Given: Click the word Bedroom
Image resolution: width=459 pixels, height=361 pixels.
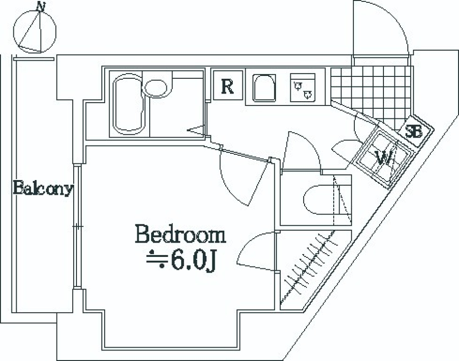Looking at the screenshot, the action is tap(180, 234).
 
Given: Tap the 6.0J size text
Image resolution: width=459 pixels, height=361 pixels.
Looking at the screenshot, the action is tap(193, 260).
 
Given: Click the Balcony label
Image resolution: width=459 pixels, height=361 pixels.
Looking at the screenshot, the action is tap(43, 188).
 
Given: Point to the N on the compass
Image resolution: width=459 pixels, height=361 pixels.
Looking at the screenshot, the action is tap(41, 6).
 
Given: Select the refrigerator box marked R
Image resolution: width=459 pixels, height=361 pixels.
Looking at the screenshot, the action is tap(228, 85).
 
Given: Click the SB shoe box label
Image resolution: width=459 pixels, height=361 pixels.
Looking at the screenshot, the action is tap(414, 132).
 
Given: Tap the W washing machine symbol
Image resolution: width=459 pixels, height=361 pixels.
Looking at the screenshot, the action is tap(383, 159).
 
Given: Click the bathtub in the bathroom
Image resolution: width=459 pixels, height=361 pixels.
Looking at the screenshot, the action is tap(129, 104).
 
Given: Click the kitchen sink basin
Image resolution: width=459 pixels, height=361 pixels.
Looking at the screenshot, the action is tap(264, 88).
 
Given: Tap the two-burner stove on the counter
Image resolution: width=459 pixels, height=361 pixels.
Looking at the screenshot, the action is tap(303, 87).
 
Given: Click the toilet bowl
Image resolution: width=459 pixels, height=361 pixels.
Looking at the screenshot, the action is tap(319, 200).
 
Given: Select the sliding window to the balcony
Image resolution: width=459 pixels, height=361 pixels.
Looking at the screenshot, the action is tap(77, 227).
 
